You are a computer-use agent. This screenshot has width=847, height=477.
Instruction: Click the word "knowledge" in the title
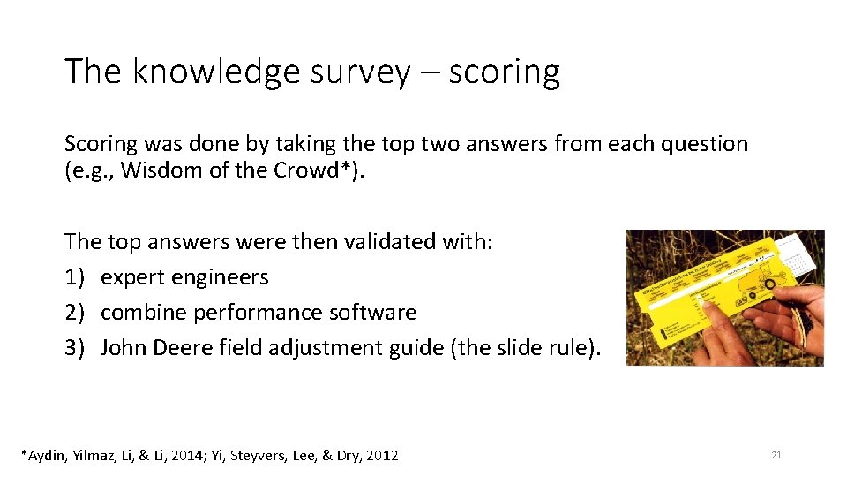pos(216,72)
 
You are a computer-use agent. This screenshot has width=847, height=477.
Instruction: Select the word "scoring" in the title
pos(504,72)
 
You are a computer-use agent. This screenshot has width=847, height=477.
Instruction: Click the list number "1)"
pos(76,276)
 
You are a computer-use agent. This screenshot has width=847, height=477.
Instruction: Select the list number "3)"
pos(76,347)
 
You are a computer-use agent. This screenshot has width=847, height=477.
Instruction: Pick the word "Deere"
pos(188,347)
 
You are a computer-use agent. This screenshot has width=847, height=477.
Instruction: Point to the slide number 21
pos(776,455)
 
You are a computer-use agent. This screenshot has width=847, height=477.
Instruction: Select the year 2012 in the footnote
pos(381,456)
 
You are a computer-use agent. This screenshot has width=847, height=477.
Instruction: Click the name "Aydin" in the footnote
pos(46,456)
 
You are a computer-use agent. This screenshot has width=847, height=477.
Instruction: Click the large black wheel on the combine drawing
pos(770,284)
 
